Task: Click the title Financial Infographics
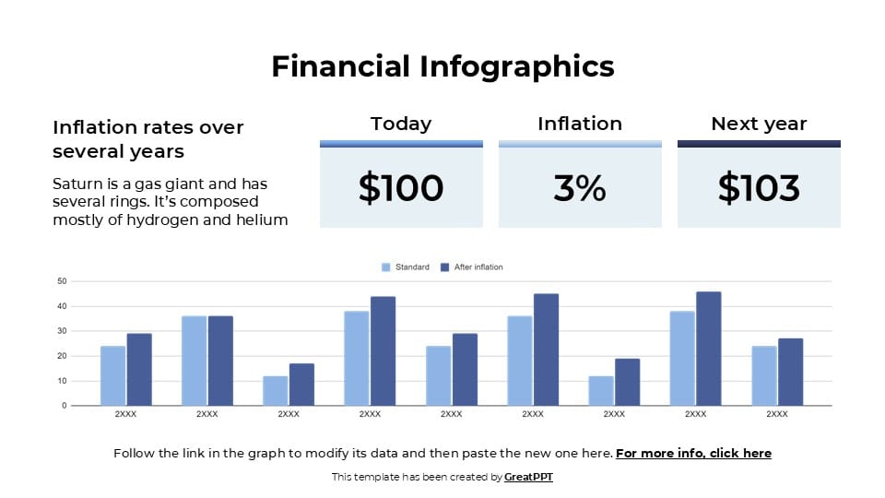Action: point(442,66)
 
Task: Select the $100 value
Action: point(401,188)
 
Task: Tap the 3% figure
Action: point(580,188)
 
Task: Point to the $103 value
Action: point(759,188)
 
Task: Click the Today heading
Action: point(401,124)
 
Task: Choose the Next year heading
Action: point(759,124)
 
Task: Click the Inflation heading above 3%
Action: point(580,124)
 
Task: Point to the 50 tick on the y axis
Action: point(62,281)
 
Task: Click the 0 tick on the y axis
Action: point(64,406)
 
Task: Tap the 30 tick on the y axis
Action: point(62,331)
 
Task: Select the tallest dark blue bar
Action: point(709,349)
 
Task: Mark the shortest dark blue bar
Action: point(301,385)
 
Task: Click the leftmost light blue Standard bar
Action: point(112,375)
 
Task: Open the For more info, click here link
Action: point(693,454)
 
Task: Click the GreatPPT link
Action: point(528,478)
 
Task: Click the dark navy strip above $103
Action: point(759,144)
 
